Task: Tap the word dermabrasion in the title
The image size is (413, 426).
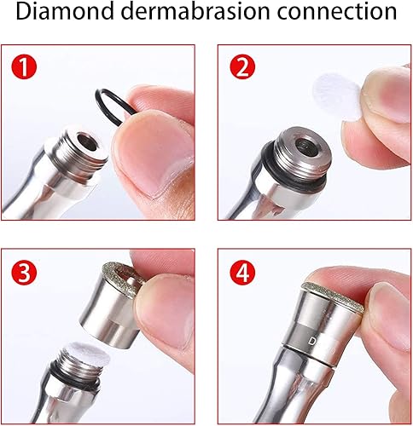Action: [x=186, y=14]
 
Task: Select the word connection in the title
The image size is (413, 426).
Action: [x=330, y=14]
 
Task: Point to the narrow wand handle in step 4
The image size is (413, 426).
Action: [x=282, y=392]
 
